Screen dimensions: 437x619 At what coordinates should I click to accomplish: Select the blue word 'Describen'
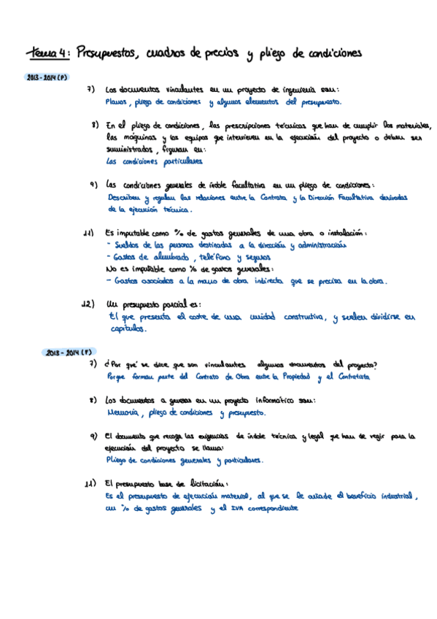(x=125, y=198)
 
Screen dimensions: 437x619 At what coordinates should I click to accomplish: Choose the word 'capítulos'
(x=126, y=329)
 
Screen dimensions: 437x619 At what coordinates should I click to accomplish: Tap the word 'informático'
(x=266, y=400)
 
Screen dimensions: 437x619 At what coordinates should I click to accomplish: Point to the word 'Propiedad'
(x=293, y=377)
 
